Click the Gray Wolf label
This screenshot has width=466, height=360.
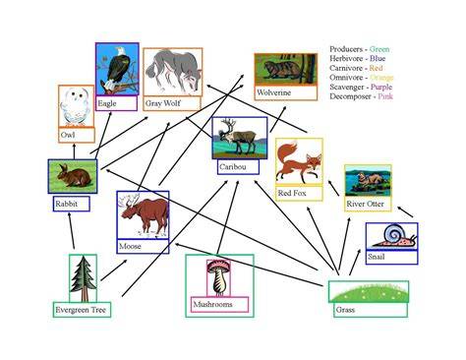(x=172, y=103)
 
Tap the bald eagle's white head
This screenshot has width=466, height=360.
(x=120, y=51)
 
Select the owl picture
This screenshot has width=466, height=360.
(x=76, y=106)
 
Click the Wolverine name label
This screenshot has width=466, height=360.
(x=286, y=92)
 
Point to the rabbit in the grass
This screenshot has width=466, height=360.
(x=74, y=176)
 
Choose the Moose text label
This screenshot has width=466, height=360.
(x=143, y=246)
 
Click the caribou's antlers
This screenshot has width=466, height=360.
(x=229, y=125)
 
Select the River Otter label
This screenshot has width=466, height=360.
(x=368, y=204)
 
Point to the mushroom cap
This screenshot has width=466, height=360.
(x=218, y=265)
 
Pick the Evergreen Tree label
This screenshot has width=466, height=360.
(x=82, y=310)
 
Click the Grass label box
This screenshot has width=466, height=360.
(x=371, y=310)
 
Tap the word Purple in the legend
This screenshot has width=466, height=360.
(x=381, y=88)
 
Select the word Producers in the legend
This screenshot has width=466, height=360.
(x=346, y=49)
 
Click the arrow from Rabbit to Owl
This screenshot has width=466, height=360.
(x=74, y=151)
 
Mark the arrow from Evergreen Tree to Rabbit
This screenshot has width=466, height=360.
(x=72, y=230)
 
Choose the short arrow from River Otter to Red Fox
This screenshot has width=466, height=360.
(x=333, y=188)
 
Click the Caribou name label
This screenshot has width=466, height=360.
(x=238, y=167)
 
